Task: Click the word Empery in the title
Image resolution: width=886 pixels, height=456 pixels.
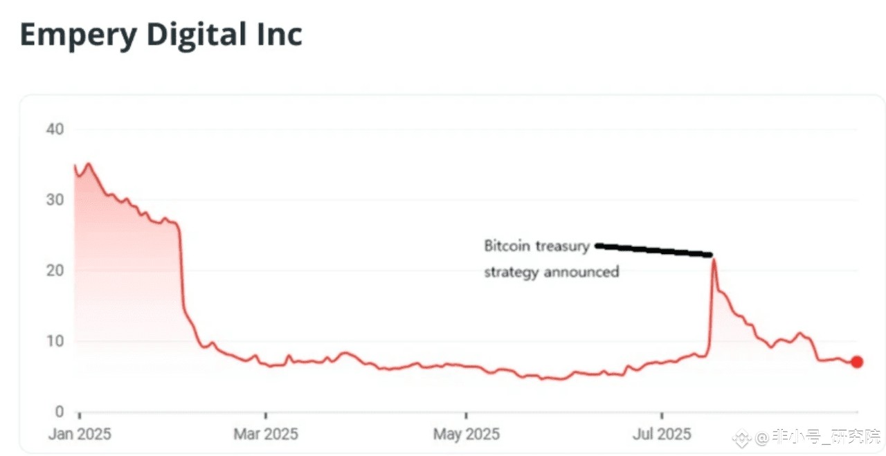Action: point(76,35)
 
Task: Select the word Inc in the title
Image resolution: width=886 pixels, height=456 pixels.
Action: point(280,35)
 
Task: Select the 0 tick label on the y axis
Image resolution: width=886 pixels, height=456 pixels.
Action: point(58,412)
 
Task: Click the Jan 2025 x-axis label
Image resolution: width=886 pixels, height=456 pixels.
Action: point(79,435)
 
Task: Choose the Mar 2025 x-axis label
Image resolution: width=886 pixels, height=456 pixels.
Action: point(266,435)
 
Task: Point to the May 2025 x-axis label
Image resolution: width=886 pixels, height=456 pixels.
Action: point(466,435)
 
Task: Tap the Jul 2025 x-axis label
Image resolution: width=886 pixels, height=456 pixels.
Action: point(662,435)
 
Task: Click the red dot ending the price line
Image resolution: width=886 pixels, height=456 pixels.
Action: point(857,362)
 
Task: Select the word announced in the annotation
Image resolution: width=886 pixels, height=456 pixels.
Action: point(581,272)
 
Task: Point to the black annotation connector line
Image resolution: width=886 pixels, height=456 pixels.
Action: point(654,250)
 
